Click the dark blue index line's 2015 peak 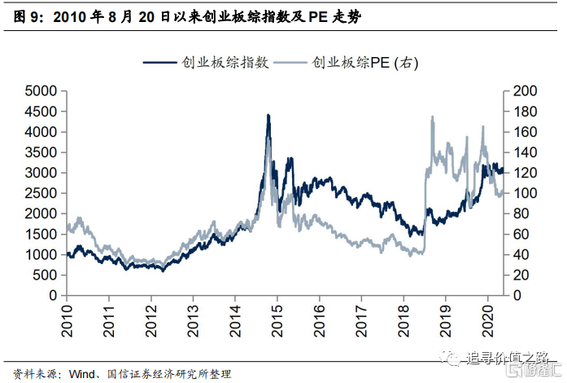(x=268, y=116)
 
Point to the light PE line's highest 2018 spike (x=432, y=117)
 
